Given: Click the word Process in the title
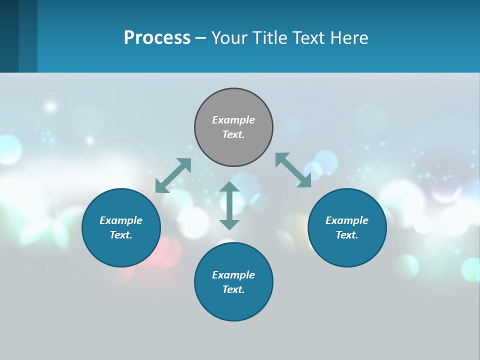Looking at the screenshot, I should click(157, 38).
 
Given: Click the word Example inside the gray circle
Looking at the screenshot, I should click(233, 120).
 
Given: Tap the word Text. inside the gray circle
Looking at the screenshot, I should click(233, 134).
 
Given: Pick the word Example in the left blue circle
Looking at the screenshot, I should click(121, 220).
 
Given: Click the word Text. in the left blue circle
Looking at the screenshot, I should click(121, 235).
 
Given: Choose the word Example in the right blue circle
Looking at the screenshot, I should click(347, 220).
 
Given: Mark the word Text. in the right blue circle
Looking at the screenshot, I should click(347, 235).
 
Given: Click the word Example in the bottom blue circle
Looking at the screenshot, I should click(233, 275).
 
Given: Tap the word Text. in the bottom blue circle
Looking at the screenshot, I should click(233, 289).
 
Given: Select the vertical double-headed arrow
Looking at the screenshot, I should click(229, 205).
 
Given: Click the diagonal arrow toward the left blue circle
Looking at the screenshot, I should click(173, 175).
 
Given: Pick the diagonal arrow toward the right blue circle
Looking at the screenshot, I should click(293, 170).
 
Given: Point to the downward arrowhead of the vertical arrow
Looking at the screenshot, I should click(229, 224).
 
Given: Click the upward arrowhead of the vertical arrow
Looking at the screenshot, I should click(229, 187).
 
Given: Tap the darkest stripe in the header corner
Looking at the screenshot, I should click(9, 36).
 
